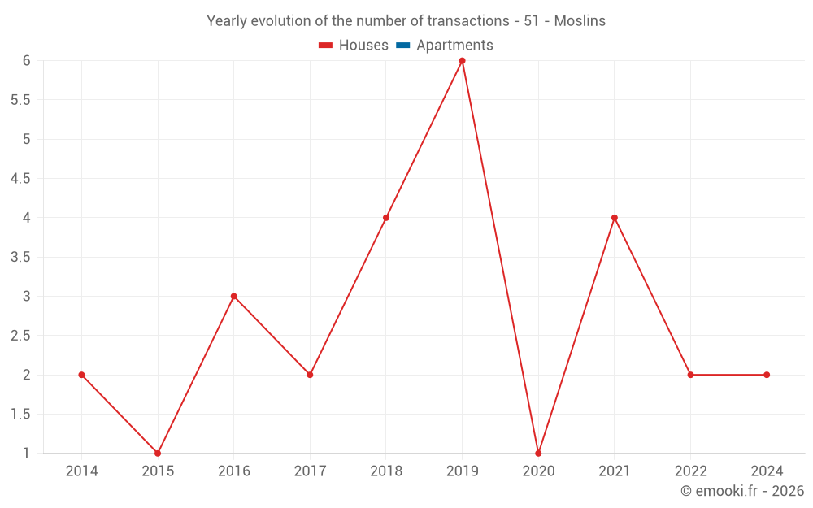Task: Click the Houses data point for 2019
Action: [x=462, y=61]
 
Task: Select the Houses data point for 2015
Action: [x=158, y=453]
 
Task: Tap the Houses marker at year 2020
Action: [x=538, y=453]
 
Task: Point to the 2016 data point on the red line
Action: [x=234, y=296]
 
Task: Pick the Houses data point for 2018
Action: [x=386, y=218]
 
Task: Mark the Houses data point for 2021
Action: [x=615, y=218]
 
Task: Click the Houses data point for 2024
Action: [x=767, y=375]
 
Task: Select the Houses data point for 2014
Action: [x=81, y=375]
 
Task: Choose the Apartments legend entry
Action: [x=454, y=46]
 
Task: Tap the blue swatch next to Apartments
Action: [x=402, y=46]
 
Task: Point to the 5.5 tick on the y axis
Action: [x=20, y=100]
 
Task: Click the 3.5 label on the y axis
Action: [x=20, y=257]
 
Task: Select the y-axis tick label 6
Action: [x=26, y=61]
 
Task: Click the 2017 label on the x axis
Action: [x=310, y=471]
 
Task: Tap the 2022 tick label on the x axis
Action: [x=690, y=471]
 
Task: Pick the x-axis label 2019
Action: [x=462, y=471]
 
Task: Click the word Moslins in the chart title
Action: [x=580, y=21]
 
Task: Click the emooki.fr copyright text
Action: [x=742, y=491]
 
